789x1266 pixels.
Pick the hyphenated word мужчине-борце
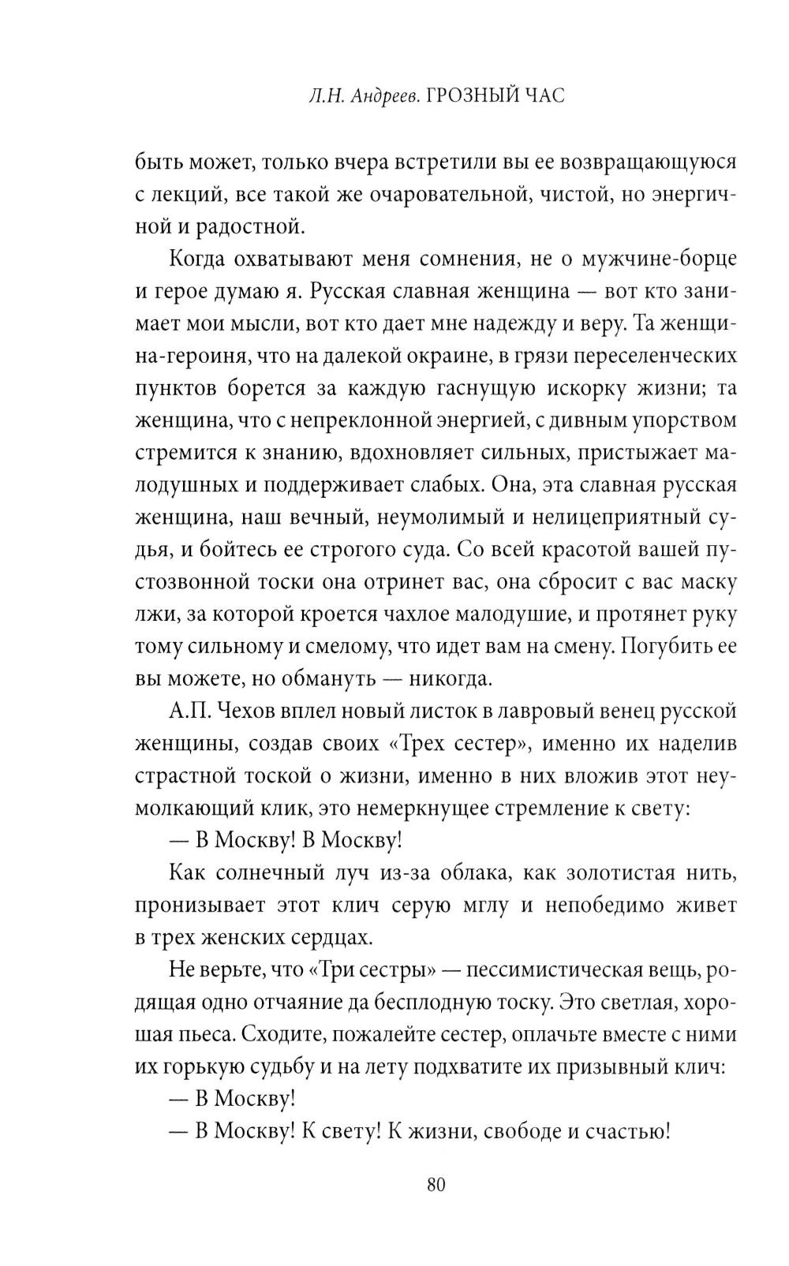pos(659,260)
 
